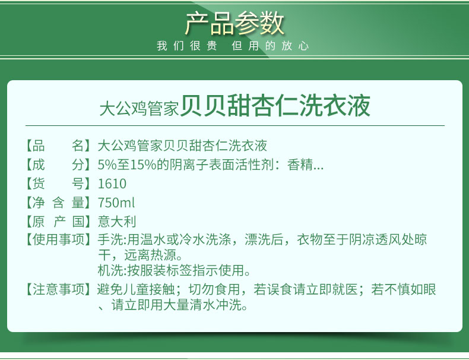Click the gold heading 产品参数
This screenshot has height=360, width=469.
coord(235,23)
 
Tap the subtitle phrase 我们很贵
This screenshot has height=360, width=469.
coord(187,46)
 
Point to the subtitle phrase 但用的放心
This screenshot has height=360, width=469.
coord(270,46)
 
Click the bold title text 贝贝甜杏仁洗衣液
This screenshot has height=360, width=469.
coord(275,106)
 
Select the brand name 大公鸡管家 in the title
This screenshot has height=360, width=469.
coord(139,108)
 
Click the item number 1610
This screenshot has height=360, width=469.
coord(112,184)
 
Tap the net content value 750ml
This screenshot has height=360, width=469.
coord(116,203)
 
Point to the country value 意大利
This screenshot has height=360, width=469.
coord(117,222)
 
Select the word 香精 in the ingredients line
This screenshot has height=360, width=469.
coord(300,165)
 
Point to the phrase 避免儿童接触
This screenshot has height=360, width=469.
coord(136,289)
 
